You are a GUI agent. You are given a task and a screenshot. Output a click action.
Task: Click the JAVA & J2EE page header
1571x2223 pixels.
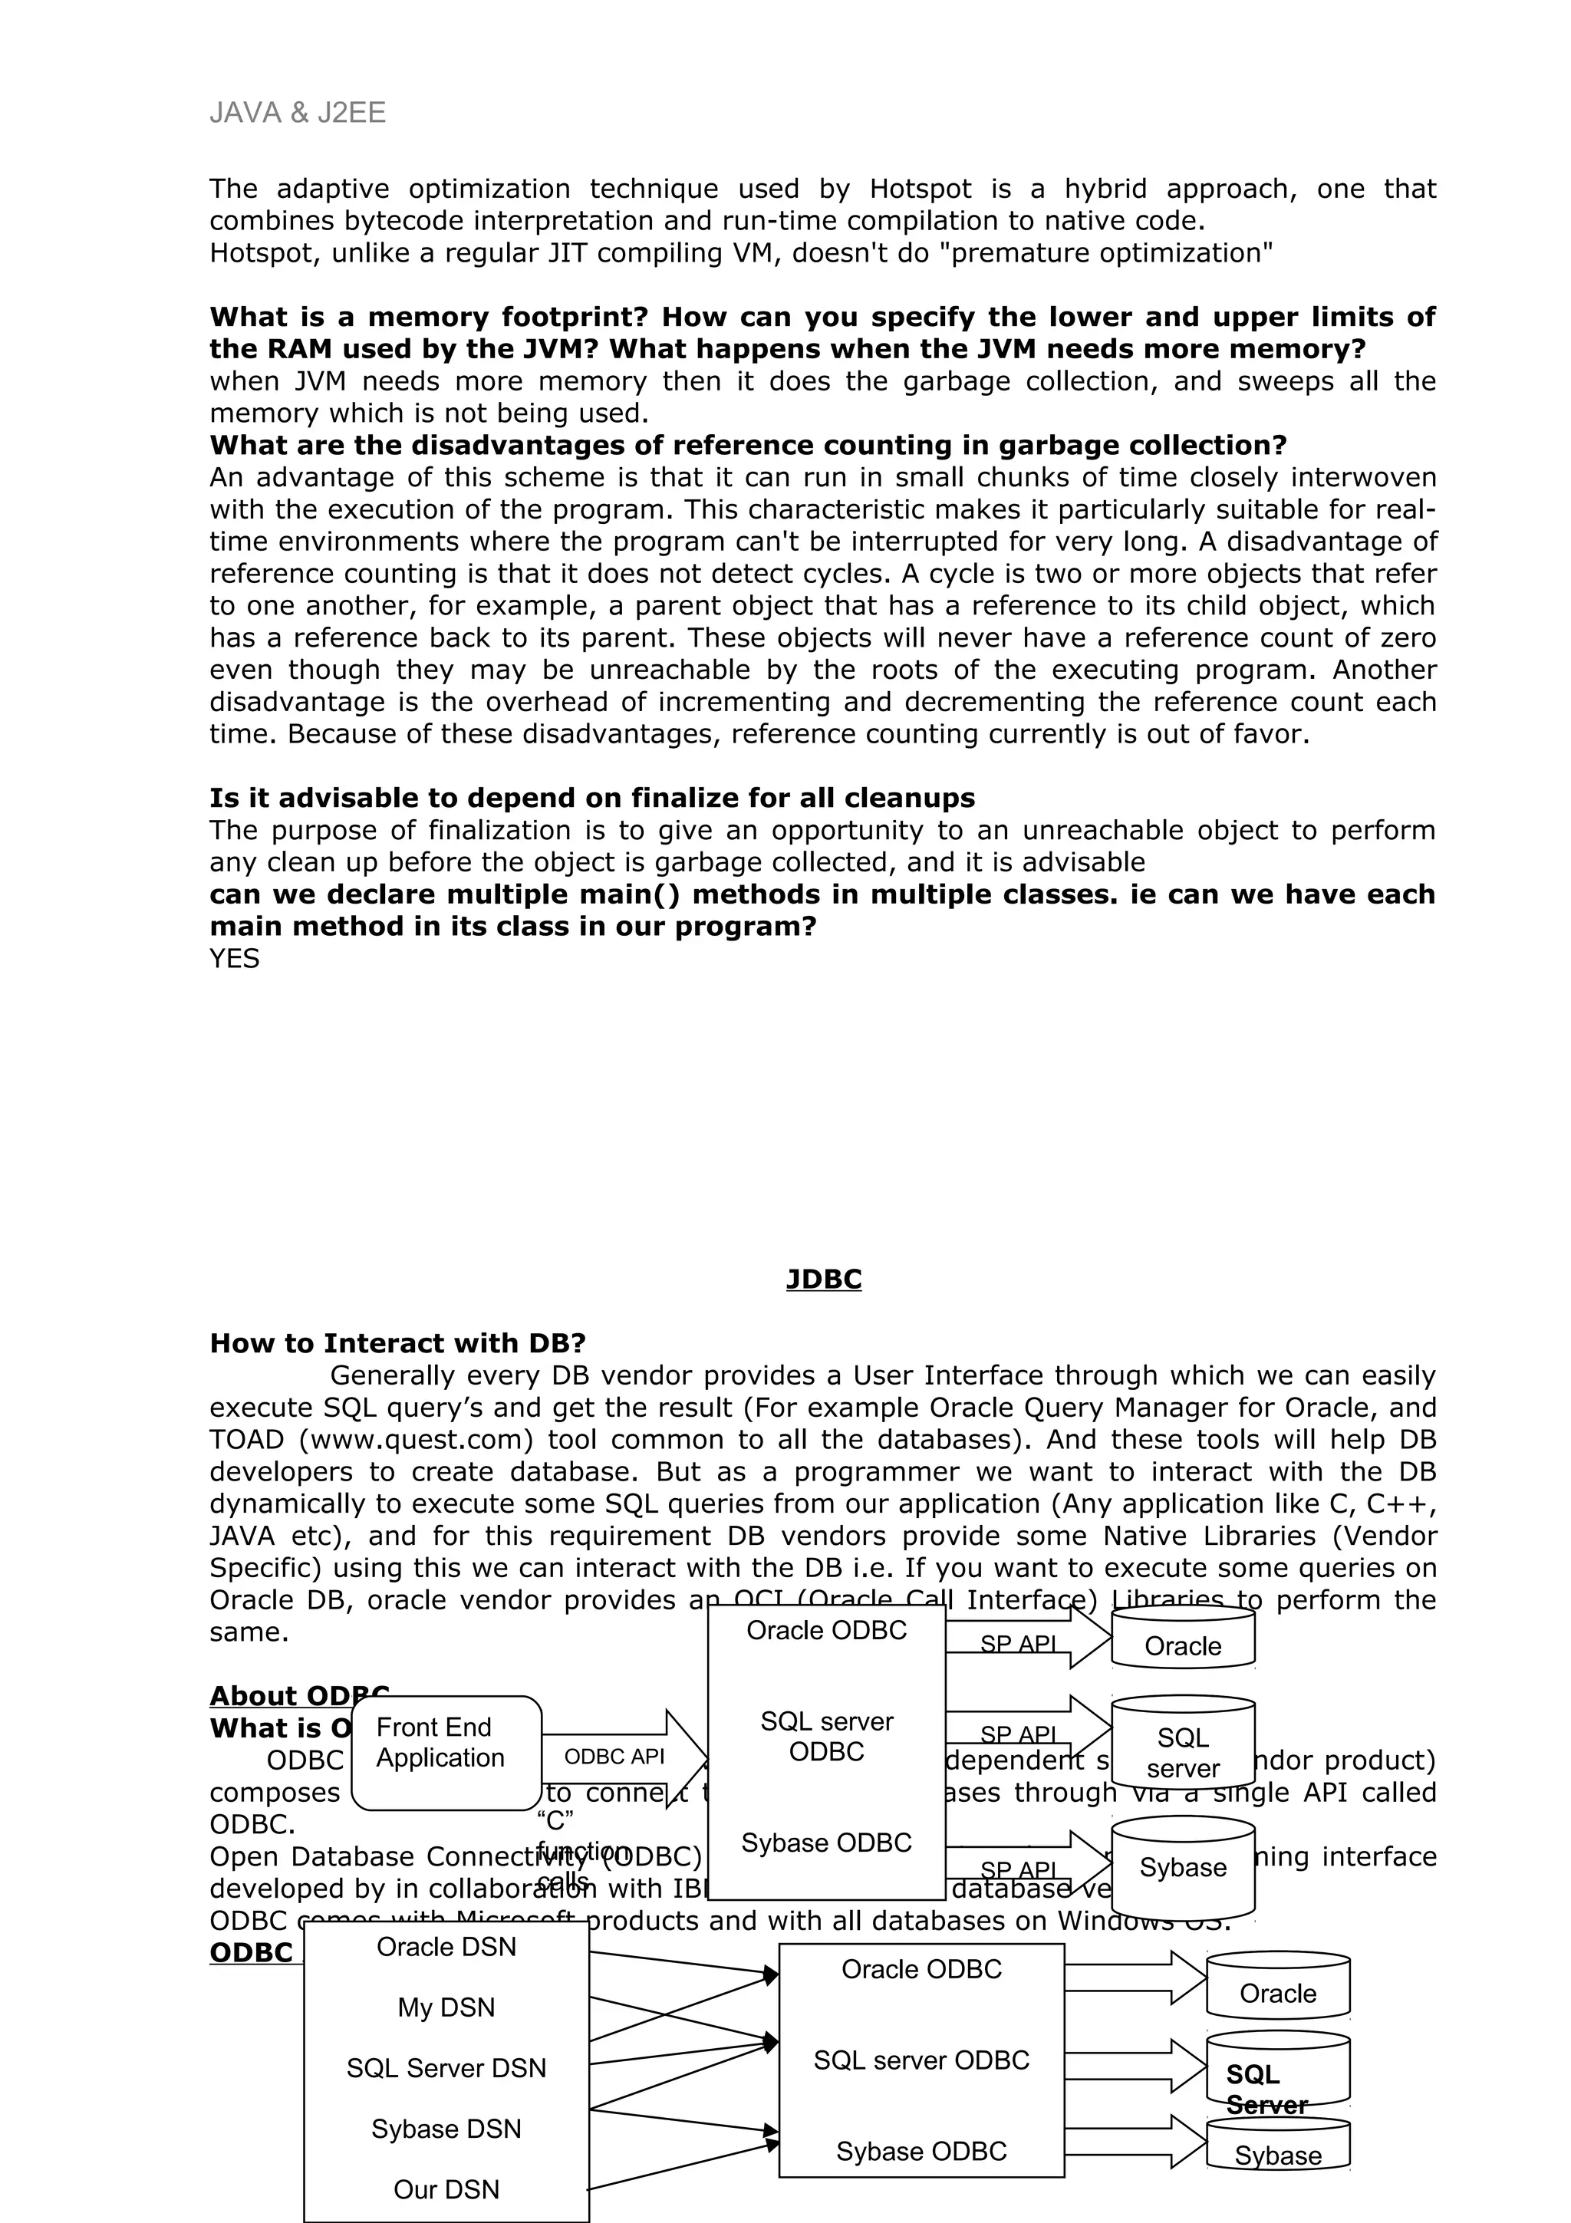click(x=297, y=114)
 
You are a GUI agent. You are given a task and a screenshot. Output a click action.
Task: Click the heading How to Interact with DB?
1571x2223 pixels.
click(x=398, y=1343)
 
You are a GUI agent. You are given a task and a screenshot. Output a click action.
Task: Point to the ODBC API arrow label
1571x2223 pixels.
click(x=614, y=1757)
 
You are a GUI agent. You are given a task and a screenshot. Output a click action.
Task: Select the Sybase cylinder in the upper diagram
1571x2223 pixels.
click(x=1183, y=1868)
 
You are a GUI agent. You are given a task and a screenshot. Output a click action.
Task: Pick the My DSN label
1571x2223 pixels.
click(x=446, y=2007)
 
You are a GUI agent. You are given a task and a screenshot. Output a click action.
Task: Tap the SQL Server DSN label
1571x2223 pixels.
click(x=446, y=2068)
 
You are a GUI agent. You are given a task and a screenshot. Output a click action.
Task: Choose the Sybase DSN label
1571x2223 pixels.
click(x=446, y=2129)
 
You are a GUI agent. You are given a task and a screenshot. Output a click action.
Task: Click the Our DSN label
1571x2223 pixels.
click(x=446, y=2189)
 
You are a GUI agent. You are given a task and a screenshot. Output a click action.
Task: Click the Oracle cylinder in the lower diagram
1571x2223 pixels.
click(x=1278, y=1993)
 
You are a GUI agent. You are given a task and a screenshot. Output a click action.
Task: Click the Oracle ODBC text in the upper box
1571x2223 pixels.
click(x=827, y=1631)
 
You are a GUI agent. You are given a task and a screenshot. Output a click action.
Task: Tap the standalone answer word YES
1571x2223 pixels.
click(x=234, y=959)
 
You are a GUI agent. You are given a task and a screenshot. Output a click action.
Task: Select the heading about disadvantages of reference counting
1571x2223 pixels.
click(x=747, y=446)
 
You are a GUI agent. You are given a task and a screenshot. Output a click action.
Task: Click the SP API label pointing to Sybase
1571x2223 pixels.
click(x=1017, y=1869)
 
